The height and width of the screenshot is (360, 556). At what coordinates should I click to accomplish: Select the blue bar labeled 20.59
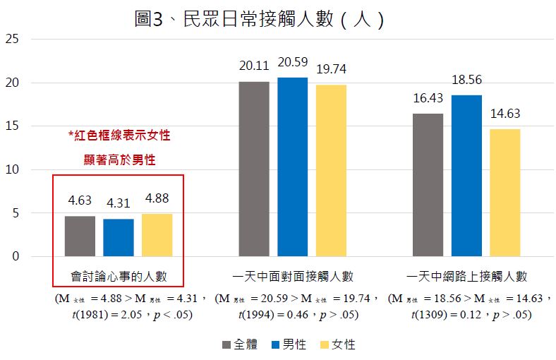click(x=292, y=167)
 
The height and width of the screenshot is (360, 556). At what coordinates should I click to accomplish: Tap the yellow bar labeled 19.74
click(x=331, y=170)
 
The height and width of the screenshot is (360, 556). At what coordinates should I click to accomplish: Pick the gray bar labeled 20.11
click(x=254, y=169)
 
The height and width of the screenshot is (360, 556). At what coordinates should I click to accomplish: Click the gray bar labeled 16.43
click(x=428, y=184)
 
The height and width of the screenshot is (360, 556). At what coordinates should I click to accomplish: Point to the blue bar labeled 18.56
click(x=466, y=175)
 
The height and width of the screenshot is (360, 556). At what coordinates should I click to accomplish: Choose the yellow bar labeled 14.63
click(x=504, y=192)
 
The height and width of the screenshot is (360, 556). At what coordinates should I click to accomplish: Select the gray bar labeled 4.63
click(x=80, y=236)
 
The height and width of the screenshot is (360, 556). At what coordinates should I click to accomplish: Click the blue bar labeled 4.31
click(x=118, y=237)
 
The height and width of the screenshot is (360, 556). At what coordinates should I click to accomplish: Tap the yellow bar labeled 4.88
click(x=157, y=234)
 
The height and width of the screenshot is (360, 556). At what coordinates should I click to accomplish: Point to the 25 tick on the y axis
click(x=11, y=39)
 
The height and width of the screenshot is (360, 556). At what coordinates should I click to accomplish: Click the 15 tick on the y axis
click(x=11, y=126)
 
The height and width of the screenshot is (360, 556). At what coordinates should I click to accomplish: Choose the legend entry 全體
click(x=240, y=344)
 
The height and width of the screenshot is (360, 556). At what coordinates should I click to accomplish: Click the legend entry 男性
click(x=289, y=344)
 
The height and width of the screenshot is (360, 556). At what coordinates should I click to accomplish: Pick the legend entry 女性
click(x=337, y=344)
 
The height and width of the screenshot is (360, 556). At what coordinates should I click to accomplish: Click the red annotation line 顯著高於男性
click(x=119, y=160)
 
